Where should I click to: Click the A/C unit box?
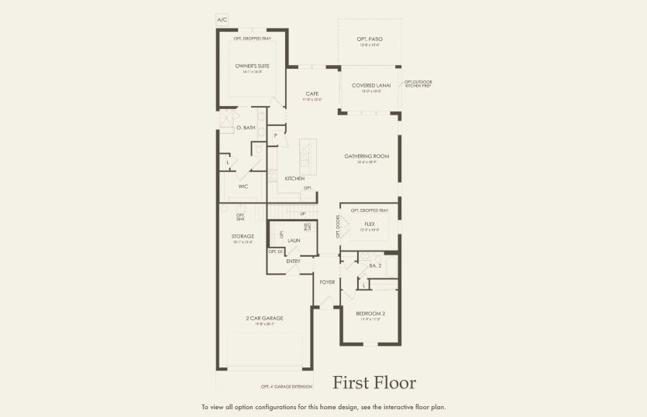(x=222, y=19)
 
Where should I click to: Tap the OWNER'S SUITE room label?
(x=253, y=66)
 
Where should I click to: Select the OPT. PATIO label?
(x=370, y=39)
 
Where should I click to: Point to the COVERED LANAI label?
(x=370, y=86)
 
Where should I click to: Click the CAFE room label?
(x=311, y=94)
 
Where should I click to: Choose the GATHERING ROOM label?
(x=367, y=156)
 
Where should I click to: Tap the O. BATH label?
(x=246, y=127)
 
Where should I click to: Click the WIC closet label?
(x=243, y=186)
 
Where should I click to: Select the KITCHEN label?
(x=294, y=179)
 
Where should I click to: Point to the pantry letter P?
(x=275, y=135)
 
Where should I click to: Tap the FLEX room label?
(x=370, y=224)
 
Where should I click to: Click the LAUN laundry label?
(x=294, y=241)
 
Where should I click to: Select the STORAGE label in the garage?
(x=243, y=236)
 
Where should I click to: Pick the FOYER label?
(x=328, y=282)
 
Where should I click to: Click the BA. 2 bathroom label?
(x=375, y=265)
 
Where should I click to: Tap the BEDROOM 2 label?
(x=370, y=313)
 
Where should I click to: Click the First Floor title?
(x=374, y=383)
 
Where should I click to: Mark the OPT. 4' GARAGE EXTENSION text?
(x=287, y=386)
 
